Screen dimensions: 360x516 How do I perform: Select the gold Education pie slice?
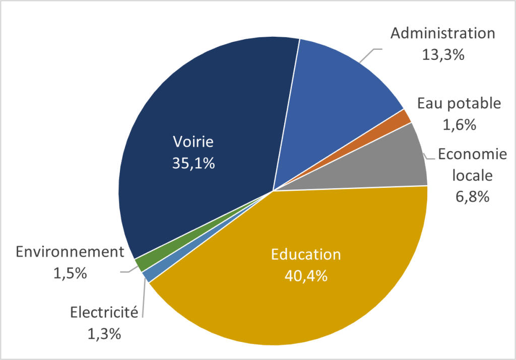point(302,302)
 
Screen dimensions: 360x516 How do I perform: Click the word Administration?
point(443,34)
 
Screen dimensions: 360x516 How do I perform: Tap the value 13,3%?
point(443,54)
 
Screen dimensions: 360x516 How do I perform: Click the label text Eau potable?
point(459,104)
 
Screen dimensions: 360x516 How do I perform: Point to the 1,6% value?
point(460,124)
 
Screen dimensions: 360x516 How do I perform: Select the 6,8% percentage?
point(473,196)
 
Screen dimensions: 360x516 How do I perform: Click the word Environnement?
point(70,252)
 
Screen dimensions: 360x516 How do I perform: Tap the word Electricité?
point(104,313)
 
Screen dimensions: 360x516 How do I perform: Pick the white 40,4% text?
point(306,275)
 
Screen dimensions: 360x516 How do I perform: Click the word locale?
point(473,175)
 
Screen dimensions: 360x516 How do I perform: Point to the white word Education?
point(306,255)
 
